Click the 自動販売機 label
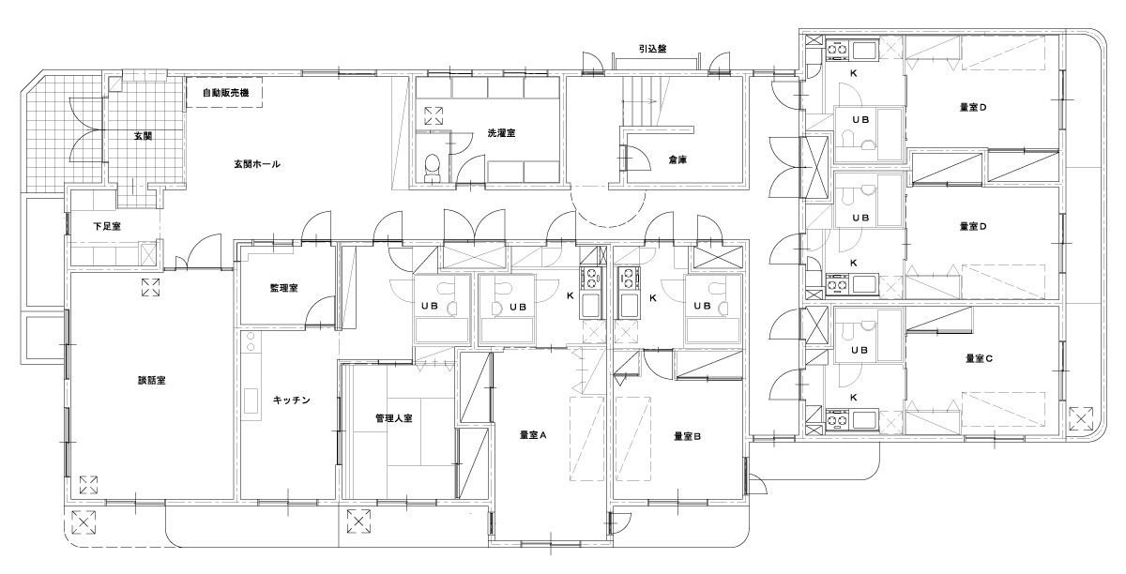coord(226,93)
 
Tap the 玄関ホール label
coord(257,164)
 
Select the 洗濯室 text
coord(501,133)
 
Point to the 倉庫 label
coord(677,159)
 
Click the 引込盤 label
coord(652,49)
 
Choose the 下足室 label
coord(107,227)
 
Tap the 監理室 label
coord(284,288)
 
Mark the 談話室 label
coord(152,381)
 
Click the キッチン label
coord(292,400)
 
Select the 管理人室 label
coord(394,418)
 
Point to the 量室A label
coord(533,435)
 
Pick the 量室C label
coord(979,358)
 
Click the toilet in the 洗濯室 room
coord(432,167)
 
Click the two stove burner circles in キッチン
coord(251,341)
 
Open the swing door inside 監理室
coord(321,311)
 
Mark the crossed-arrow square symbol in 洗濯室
coord(434,115)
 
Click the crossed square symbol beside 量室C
coord(1081,418)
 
